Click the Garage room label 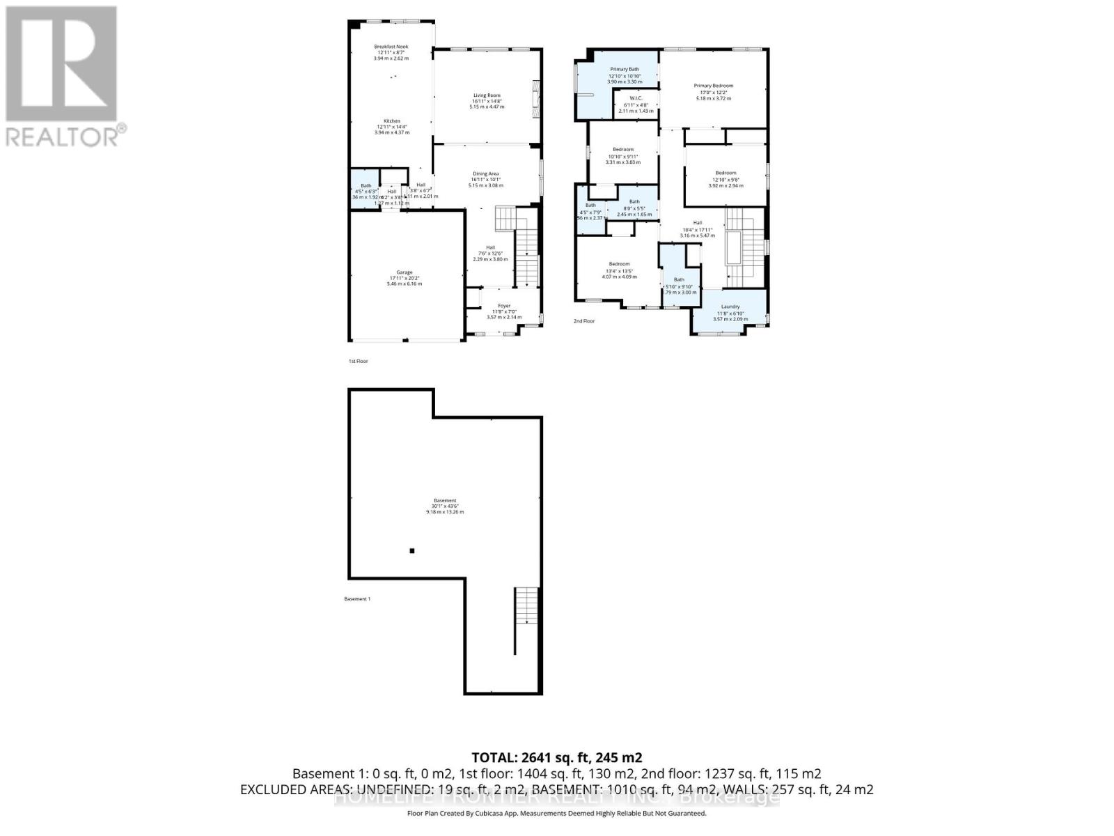tap(405, 272)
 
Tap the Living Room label tap(487, 95)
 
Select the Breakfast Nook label tap(391, 47)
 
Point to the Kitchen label tap(392, 121)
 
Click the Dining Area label tap(486, 174)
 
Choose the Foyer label tap(503, 306)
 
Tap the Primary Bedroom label tap(713, 86)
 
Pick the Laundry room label tap(730, 307)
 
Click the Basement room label tap(445, 501)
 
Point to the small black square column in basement tap(412, 551)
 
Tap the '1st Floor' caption tap(358, 362)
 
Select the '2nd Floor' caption tap(584, 321)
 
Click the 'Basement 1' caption tap(357, 599)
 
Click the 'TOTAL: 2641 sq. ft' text tap(556, 757)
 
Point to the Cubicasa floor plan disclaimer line tap(556, 813)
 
